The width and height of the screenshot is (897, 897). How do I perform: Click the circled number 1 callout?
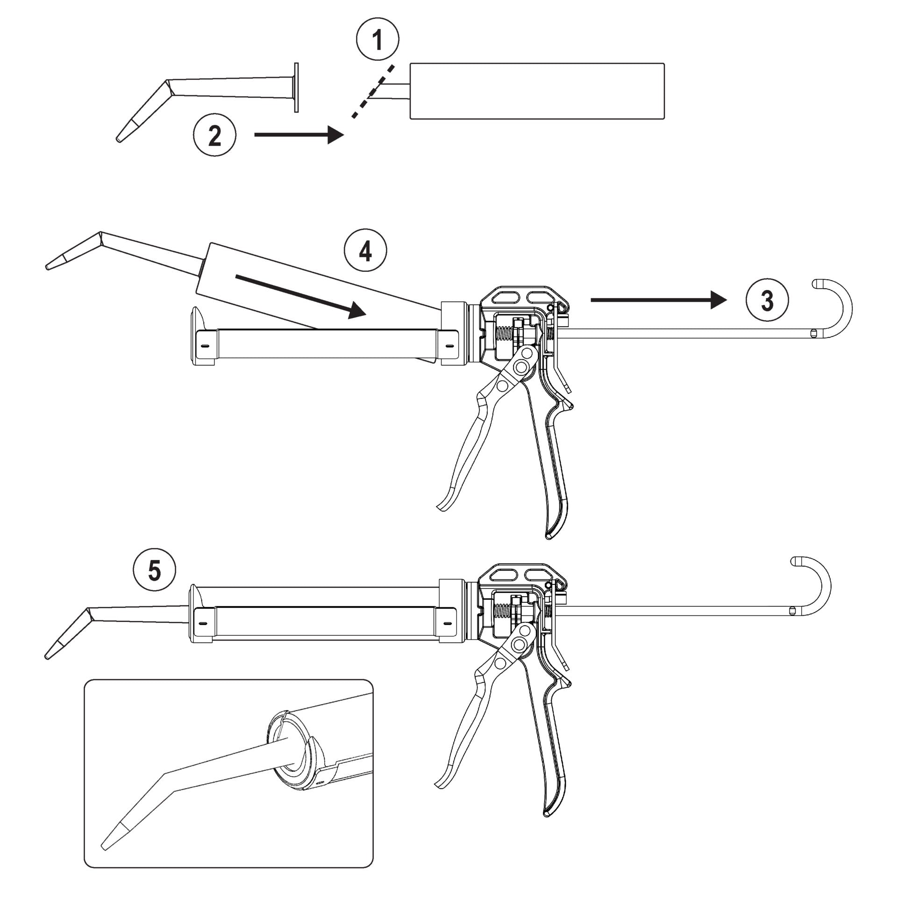point(377,40)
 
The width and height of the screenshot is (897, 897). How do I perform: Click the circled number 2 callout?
point(215,136)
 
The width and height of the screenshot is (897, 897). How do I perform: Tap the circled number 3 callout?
point(767,300)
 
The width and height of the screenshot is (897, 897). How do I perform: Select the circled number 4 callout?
point(365,252)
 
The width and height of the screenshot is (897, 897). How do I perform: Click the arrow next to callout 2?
point(299,135)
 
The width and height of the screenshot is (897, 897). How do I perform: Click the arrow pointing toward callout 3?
point(659,299)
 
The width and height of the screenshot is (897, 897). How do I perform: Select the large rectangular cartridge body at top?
point(537,91)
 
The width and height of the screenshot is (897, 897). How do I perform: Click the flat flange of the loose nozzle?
point(296,87)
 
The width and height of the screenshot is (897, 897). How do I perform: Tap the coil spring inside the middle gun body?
point(504,333)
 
